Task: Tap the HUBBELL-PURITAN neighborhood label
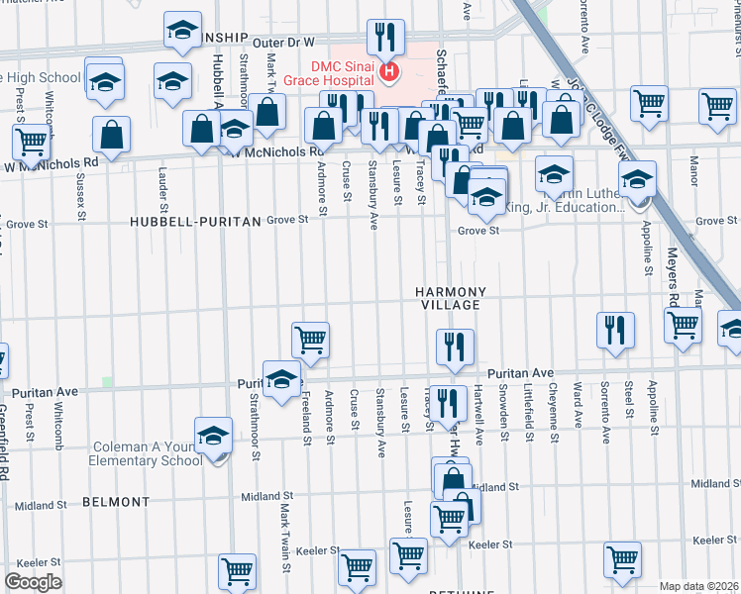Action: point(195,223)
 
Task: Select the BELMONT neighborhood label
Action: point(115,502)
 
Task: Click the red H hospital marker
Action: point(388,70)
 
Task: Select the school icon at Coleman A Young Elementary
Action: point(213,435)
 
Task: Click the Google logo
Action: point(33,582)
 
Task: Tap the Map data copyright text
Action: point(699,586)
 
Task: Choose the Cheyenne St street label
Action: point(552,406)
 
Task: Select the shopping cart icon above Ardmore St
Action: point(310,340)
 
